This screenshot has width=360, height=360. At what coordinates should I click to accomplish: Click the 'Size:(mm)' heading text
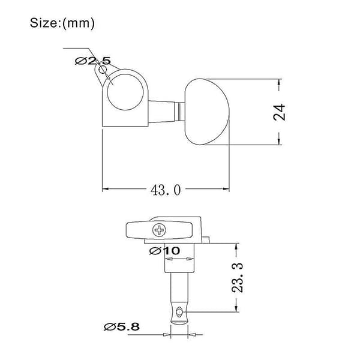pyautogui.click(x=62, y=23)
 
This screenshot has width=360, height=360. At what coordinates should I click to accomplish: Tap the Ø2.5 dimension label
pyautogui.click(x=93, y=61)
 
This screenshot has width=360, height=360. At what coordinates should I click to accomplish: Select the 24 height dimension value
pyautogui.click(x=280, y=112)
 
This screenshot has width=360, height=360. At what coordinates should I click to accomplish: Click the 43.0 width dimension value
pyautogui.click(x=166, y=190)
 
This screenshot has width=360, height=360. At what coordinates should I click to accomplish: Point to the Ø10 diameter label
pyautogui.click(x=164, y=251)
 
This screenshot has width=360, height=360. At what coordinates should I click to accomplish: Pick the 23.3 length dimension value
pyautogui.click(x=237, y=278)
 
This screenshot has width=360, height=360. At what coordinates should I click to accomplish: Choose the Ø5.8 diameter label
pyautogui.click(x=121, y=327)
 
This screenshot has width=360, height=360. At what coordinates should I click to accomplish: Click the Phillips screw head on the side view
pyautogui.click(x=159, y=230)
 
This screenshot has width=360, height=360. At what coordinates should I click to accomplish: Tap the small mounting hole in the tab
pyautogui.click(x=102, y=70)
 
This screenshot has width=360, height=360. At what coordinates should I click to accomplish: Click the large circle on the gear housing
pyautogui.click(x=125, y=92)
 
